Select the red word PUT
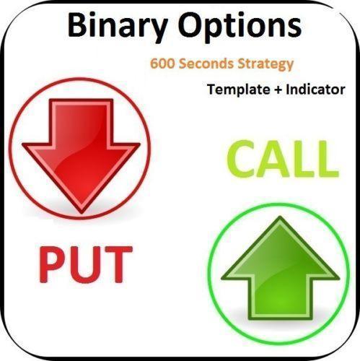click(x=86, y=266)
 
